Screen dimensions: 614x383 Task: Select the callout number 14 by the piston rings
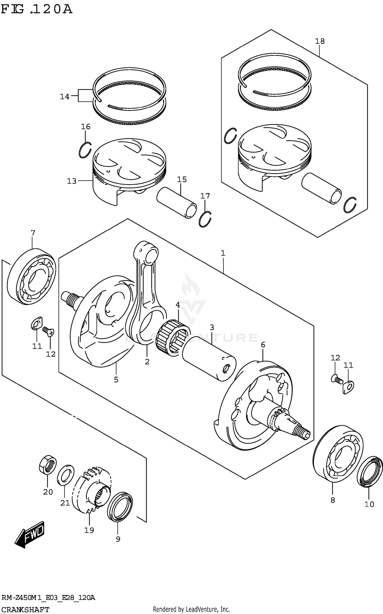tap(65, 97)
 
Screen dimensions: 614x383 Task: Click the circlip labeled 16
tap(85, 150)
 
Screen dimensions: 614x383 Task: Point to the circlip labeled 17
tap(205, 219)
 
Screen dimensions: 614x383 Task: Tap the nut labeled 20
tap(48, 466)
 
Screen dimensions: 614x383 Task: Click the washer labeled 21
tap(65, 475)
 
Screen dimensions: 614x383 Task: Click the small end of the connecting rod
tap(146, 254)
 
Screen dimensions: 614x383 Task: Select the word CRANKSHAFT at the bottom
tap(25, 609)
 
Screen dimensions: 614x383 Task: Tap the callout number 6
tap(263, 345)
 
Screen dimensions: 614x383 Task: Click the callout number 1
tap(223, 253)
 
